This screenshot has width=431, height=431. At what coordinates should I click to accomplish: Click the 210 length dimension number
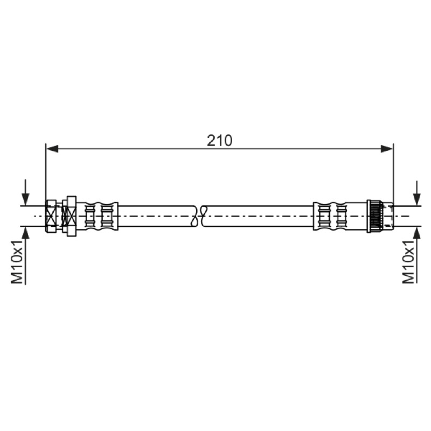coord(219,141)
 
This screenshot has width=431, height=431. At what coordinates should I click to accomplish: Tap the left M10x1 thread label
coord(17,261)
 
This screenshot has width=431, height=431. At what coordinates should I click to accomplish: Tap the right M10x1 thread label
coord(408,261)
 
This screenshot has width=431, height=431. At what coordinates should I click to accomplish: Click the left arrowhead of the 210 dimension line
coord(52,149)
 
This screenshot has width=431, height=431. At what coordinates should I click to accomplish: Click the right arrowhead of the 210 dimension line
coord(387,149)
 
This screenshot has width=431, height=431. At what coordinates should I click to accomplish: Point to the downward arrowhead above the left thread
coord(25,199)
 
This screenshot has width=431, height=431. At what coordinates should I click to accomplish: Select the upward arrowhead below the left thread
coord(25,233)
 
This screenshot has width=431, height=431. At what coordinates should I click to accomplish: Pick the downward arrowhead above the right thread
coord(417,199)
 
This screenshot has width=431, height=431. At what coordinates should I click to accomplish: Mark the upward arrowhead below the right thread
coord(417,233)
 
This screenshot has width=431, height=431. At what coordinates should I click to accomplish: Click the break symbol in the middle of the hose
coord(199,216)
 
